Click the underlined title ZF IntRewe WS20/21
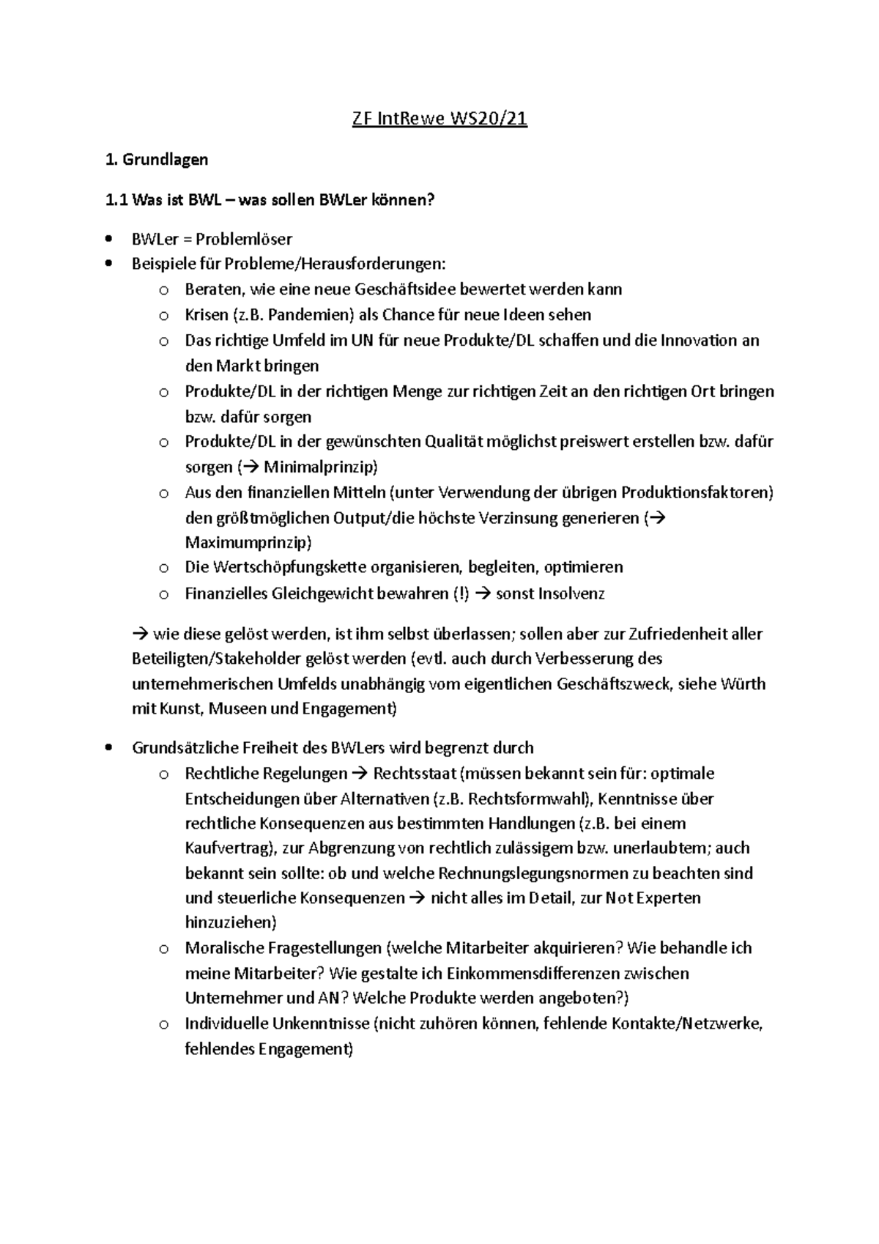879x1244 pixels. click(439, 119)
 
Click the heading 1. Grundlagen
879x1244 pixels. click(157, 159)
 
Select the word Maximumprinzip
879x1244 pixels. click(247, 543)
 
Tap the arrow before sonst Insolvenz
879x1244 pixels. click(483, 593)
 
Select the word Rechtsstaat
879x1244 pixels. click(415, 774)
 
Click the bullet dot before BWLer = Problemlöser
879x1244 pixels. click(109, 239)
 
